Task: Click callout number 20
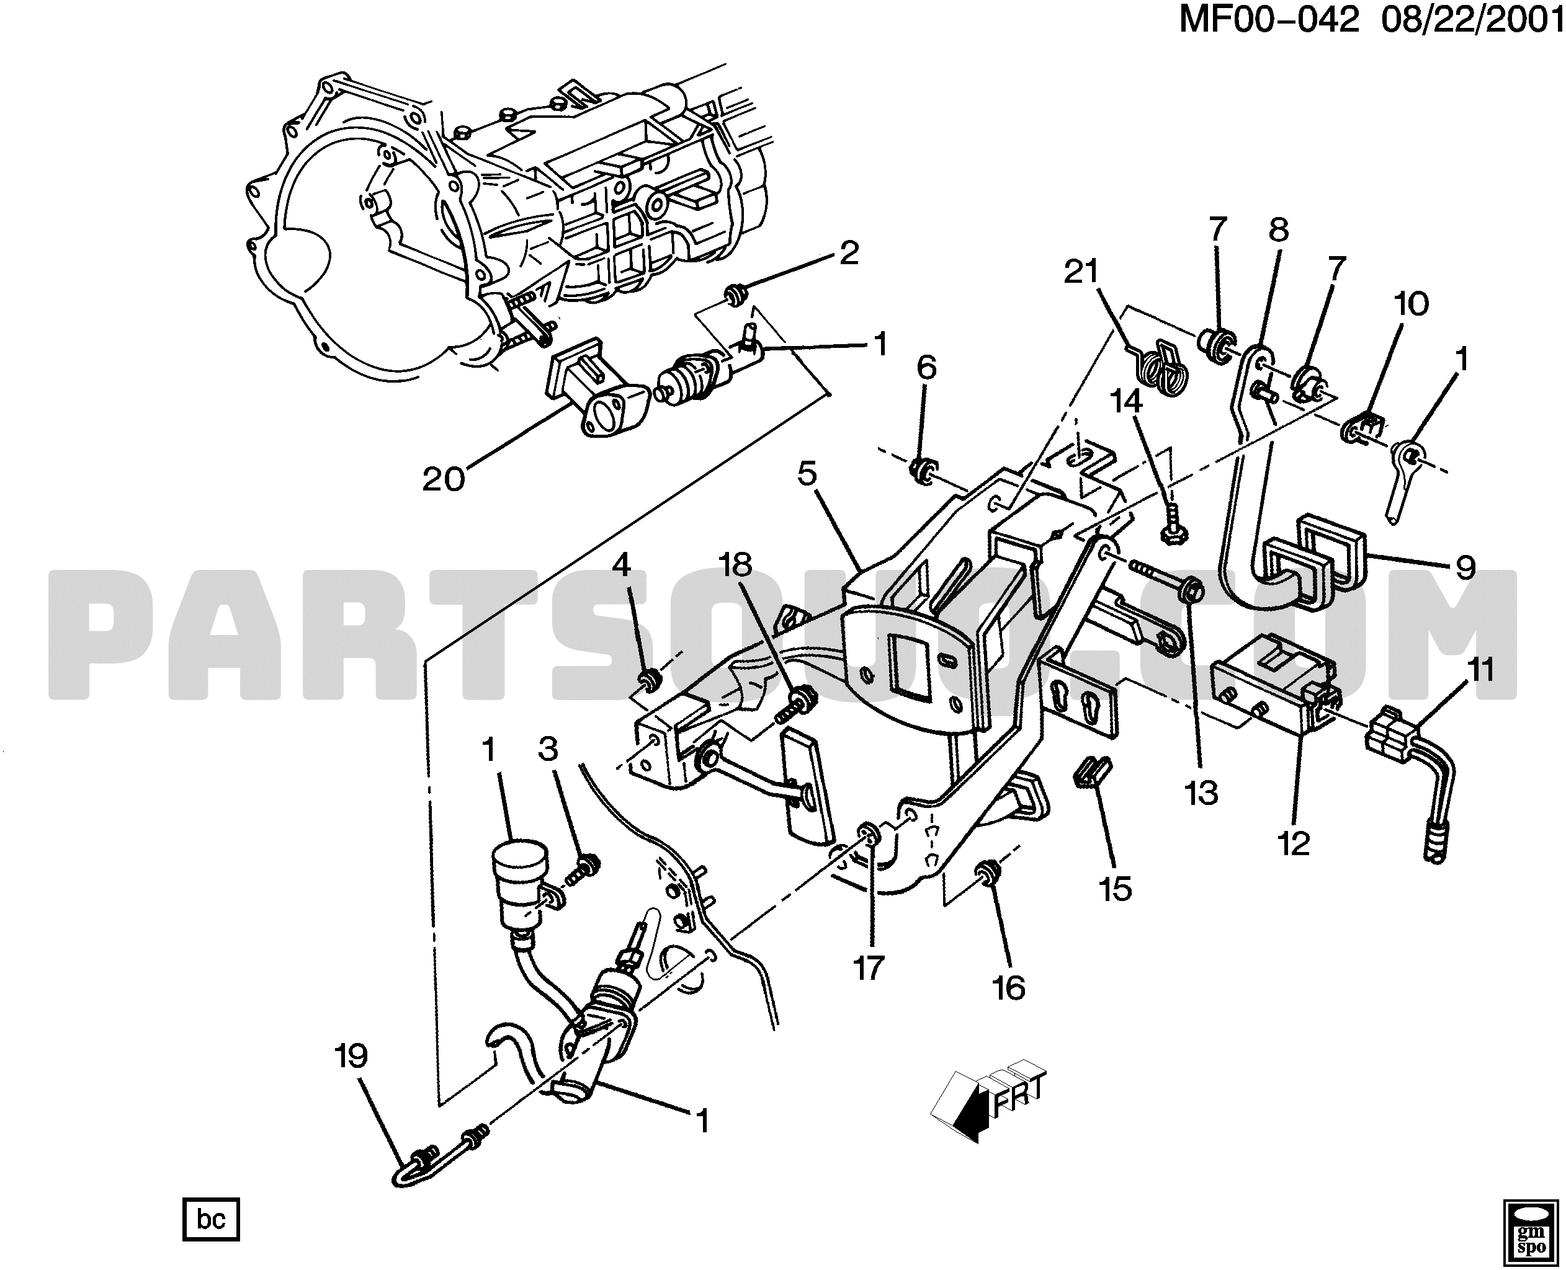[x=444, y=479]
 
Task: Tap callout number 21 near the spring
[x=1081, y=272]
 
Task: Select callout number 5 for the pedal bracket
[x=807, y=474]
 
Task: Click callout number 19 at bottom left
[x=351, y=1057]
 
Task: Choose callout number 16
[x=1009, y=989]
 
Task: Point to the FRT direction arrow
[x=988, y=1104]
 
